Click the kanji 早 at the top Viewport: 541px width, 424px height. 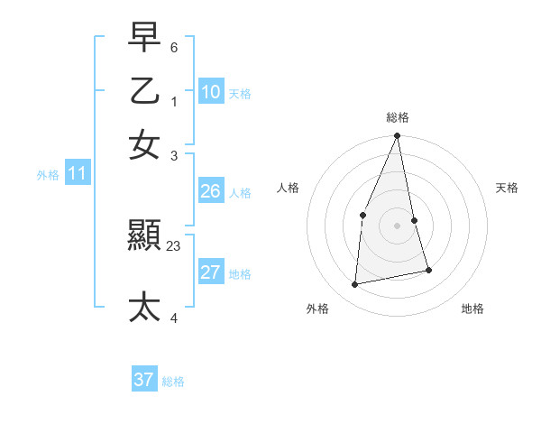tap(144, 38)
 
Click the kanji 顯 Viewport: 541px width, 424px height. tap(144, 237)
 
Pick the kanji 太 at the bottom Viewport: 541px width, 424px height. tap(144, 308)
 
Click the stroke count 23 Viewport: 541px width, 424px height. tap(174, 245)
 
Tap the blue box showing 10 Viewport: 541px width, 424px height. tap(211, 92)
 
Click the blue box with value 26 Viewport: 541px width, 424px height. tap(211, 191)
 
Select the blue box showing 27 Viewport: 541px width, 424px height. tap(211, 273)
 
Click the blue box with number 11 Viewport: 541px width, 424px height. tap(77, 174)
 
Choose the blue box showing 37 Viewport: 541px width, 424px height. tap(144, 380)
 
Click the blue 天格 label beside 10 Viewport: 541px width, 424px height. tap(240, 94)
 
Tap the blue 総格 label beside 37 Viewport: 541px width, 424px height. tap(173, 382)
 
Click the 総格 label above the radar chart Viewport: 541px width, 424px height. tap(397, 116)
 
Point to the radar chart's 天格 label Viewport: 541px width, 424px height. tap(507, 188)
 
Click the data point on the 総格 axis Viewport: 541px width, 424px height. tap(397, 136)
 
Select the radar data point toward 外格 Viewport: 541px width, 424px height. tap(355, 284)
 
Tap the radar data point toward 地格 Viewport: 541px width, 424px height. tap(428, 270)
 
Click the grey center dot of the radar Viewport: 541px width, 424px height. tap(397, 225)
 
